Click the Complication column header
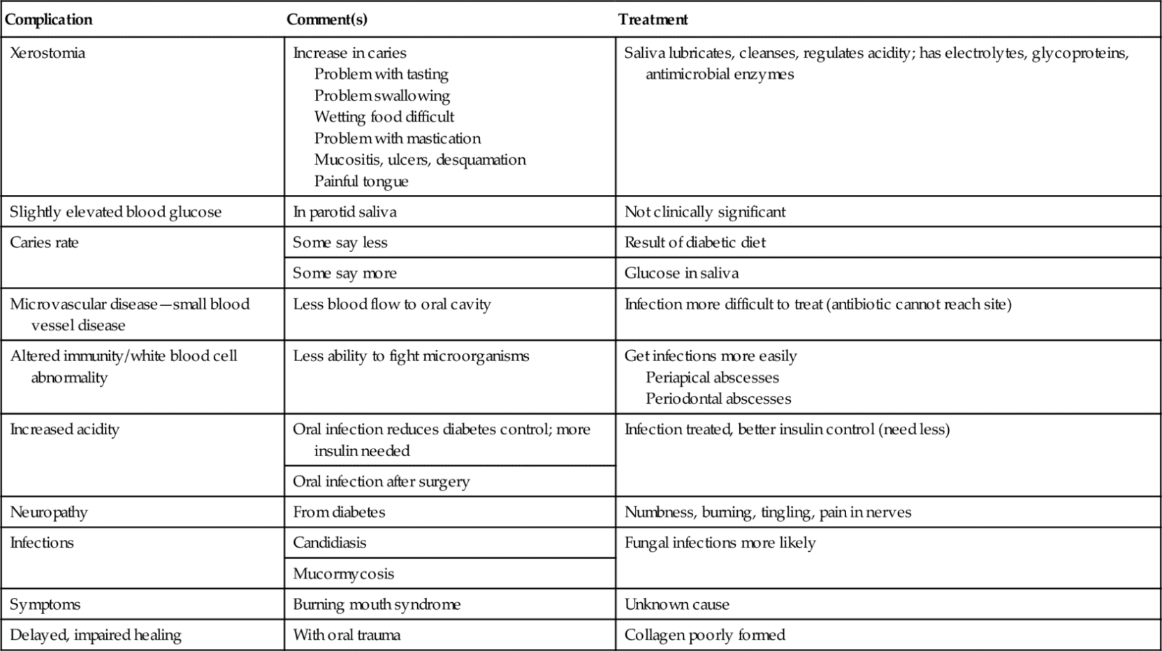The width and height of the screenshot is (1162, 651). tap(48, 20)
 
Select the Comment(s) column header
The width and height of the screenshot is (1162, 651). tap(326, 20)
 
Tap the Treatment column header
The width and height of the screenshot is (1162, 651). tap(653, 20)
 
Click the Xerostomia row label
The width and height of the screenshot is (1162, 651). tap(48, 53)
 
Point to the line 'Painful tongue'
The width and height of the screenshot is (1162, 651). tap(361, 182)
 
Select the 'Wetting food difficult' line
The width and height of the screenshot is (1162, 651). tap(384, 117)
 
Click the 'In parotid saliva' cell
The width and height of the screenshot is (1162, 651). tap(344, 212)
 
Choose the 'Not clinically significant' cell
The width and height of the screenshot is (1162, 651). tap(704, 212)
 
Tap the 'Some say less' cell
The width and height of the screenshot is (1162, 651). tap(340, 243)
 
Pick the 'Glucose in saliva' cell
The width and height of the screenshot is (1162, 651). tap(681, 273)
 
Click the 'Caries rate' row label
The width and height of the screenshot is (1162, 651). tap(44, 243)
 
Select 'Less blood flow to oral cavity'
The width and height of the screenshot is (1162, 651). tap(391, 305)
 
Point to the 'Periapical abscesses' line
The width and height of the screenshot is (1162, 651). tap(711, 378)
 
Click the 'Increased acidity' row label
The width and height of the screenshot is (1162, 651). tap(64, 430)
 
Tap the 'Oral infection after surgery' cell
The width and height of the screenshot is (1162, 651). tap(381, 482)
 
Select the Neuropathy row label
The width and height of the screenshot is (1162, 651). tap(49, 513)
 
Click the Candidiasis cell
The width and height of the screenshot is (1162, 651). tap(329, 543)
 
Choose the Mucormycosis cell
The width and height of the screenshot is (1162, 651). tap(343, 574)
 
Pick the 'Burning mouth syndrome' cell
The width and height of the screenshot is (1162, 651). tap(377, 605)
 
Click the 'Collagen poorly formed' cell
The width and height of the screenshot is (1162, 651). tap(704, 635)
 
